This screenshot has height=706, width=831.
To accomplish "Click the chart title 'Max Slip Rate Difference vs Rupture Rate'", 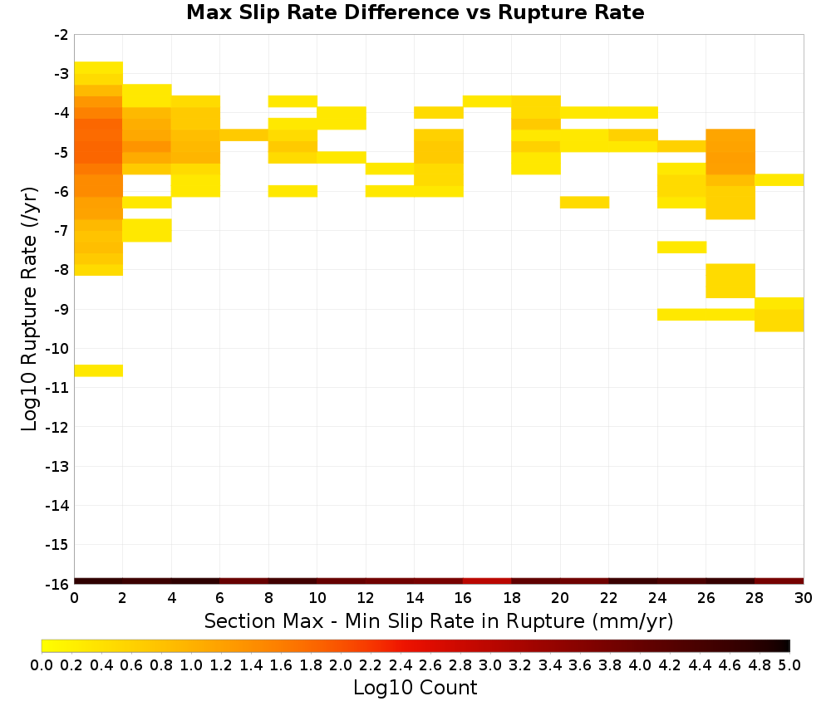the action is tap(415, 12).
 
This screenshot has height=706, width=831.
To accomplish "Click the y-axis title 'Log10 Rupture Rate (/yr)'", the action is tap(29, 309).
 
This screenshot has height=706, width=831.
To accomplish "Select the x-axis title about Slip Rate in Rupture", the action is tap(438, 620).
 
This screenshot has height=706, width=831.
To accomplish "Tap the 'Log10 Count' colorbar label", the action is tap(415, 688).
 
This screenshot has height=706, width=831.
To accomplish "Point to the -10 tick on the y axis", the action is tap(57, 349).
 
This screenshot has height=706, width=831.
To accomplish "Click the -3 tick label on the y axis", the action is tap(61, 74).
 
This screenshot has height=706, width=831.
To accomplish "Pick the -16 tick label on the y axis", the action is tap(57, 584).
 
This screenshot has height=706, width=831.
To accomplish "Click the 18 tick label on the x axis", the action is tap(511, 598).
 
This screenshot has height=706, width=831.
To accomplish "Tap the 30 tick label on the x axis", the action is tap(804, 598).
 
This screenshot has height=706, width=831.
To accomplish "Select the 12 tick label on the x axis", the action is tap(366, 598).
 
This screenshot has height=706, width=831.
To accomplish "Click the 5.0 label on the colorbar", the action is tap(789, 664).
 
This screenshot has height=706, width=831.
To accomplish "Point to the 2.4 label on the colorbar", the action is tap(401, 664).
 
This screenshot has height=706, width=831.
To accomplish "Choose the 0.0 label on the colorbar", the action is tap(42, 664).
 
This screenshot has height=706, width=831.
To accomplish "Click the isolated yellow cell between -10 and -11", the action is tap(99, 370).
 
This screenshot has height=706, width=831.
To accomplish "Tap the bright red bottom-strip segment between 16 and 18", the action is tap(487, 581).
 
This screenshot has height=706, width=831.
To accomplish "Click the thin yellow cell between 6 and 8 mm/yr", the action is tap(244, 135).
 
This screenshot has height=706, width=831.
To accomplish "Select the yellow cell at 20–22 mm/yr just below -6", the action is tap(584, 203).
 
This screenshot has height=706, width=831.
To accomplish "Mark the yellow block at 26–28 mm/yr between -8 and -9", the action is tap(730, 281).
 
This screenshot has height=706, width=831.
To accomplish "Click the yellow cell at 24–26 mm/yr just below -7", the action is tap(681, 248).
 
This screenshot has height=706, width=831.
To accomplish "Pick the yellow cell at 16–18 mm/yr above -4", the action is tap(487, 101).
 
